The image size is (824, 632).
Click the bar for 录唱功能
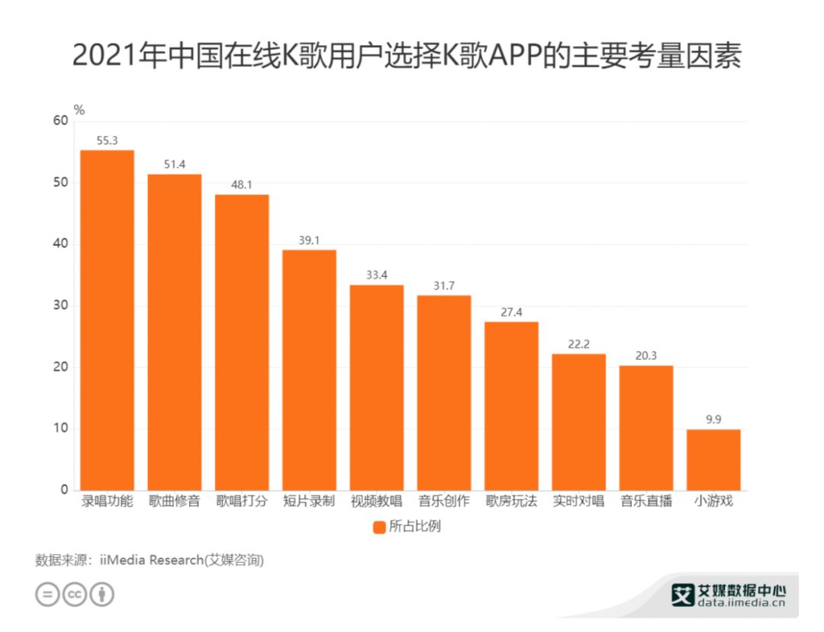click(107, 320)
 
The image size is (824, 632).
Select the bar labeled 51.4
click(174, 332)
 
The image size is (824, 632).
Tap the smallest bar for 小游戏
click(713, 459)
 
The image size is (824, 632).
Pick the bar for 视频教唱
click(376, 387)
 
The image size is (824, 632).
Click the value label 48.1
click(241, 185)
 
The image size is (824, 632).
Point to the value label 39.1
click(309, 240)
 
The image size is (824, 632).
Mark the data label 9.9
click(713, 420)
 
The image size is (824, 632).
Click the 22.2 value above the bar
click(578, 344)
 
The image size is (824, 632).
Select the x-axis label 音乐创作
click(443, 502)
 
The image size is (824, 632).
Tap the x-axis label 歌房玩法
click(510, 502)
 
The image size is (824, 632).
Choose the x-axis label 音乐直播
click(645, 502)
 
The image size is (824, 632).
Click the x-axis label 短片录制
click(309, 502)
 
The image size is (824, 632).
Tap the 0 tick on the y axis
click(64, 490)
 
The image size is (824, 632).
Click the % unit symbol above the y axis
click(79, 109)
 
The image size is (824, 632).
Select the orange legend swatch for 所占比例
click(379, 527)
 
